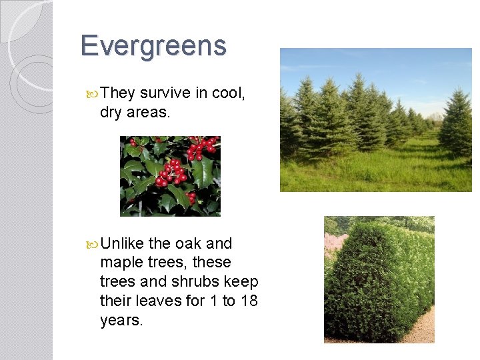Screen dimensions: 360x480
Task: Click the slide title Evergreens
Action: pyautogui.click(x=153, y=46)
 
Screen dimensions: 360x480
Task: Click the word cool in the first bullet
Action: pyautogui.click(x=228, y=94)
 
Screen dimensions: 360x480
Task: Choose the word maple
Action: pyautogui.click(x=123, y=263)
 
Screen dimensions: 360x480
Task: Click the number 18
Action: pyautogui.click(x=249, y=301)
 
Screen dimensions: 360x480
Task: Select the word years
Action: pyautogui.click(x=120, y=321)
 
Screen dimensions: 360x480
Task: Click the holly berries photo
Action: pyautogui.click(x=170, y=176)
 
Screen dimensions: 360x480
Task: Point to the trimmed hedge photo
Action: pyautogui.click(x=379, y=279)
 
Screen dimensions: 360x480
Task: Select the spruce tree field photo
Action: pyautogui.click(x=375, y=120)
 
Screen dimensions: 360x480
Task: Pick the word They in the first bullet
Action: pyautogui.click(x=118, y=94)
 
